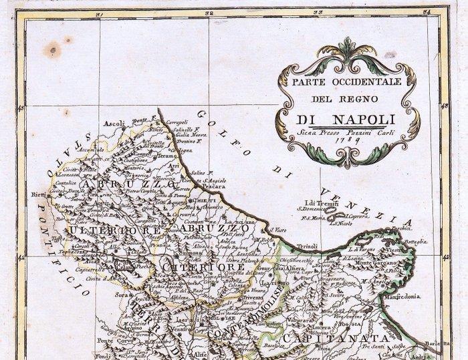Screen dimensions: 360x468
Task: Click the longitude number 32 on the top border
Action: [210, 13]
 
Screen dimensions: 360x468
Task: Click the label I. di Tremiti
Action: [318, 203]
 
